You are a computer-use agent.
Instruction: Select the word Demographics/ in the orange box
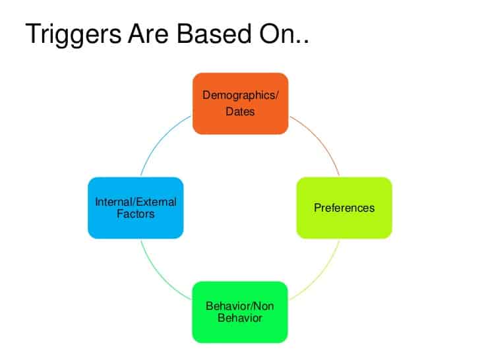(x=240, y=95)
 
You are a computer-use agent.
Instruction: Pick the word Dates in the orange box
(x=240, y=111)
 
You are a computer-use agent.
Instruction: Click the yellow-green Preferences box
(x=344, y=208)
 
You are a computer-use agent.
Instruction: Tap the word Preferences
(x=344, y=208)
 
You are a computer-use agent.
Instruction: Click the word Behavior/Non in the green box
(x=240, y=306)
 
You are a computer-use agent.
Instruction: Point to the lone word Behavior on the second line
(x=240, y=318)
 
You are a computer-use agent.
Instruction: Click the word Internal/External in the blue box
(x=136, y=202)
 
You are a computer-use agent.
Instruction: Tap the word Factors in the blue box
(x=136, y=214)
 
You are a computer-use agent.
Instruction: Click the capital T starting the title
(x=32, y=34)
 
